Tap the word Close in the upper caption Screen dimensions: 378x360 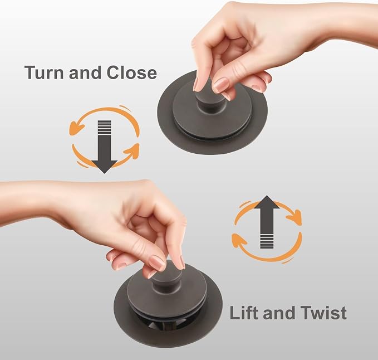click(131, 72)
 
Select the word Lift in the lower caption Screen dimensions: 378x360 click(244, 313)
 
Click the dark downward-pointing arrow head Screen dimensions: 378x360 click(104, 167)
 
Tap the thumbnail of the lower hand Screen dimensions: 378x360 click(157, 262)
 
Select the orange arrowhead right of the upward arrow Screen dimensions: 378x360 click(294, 217)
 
